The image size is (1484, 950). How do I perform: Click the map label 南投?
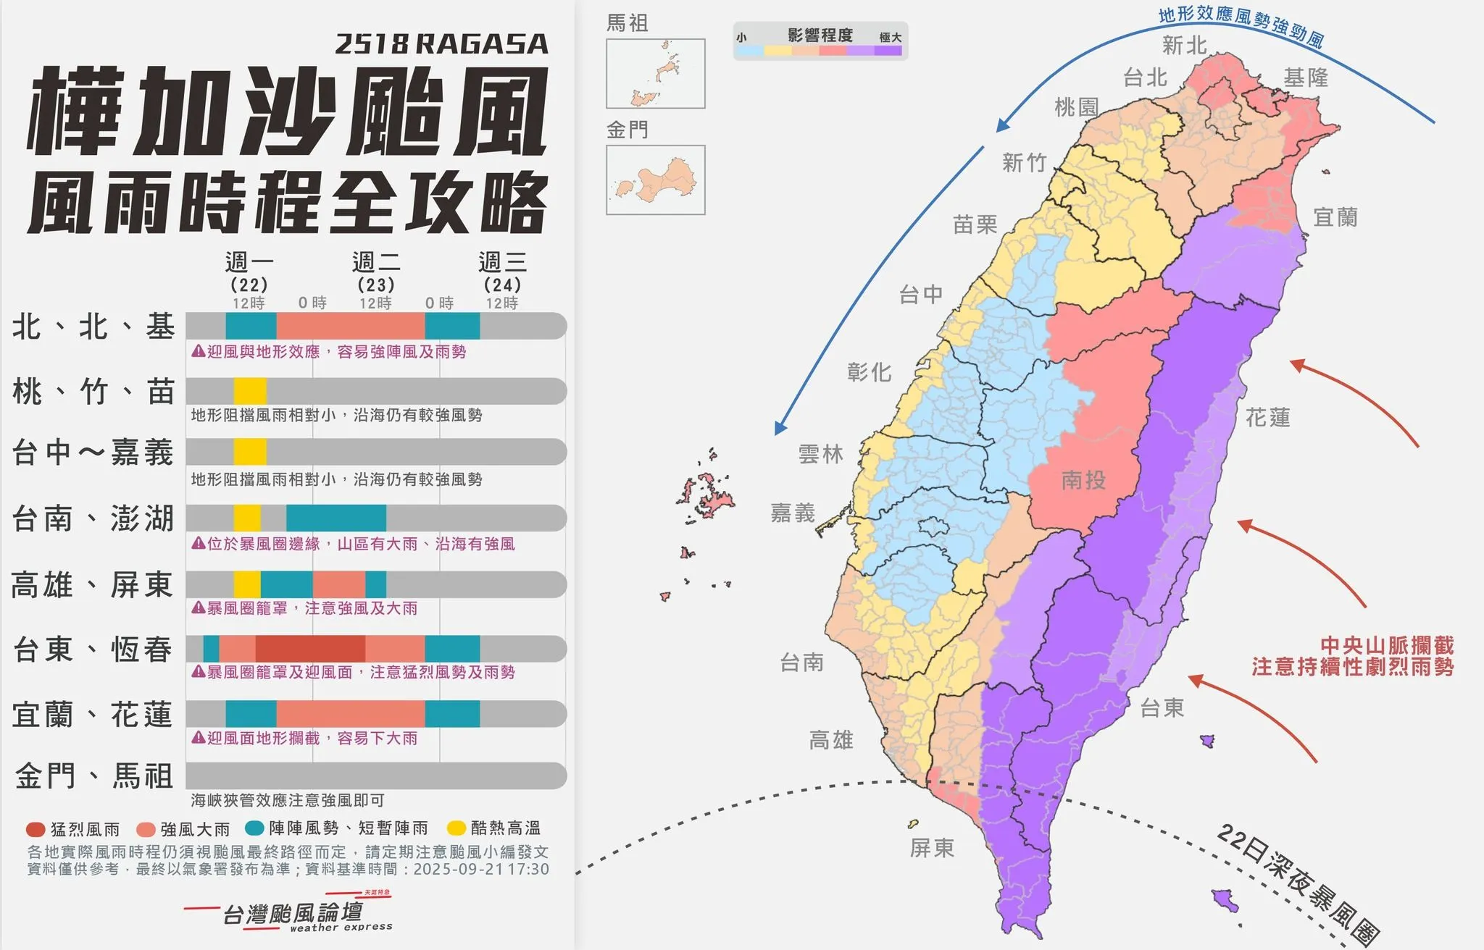pyautogui.click(x=1083, y=480)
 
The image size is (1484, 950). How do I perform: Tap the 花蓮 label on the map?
pyautogui.click(x=1267, y=418)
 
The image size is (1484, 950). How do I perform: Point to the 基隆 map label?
pyautogui.click(x=1306, y=78)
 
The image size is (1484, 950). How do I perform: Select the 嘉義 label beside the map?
pyautogui.click(x=792, y=513)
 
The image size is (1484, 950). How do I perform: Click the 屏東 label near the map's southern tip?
pyautogui.click(x=932, y=848)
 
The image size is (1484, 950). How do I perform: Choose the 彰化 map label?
pyautogui.click(x=869, y=372)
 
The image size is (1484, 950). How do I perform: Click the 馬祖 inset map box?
pyautogui.click(x=655, y=73)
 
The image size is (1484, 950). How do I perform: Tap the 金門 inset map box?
pyautogui.click(x=655, y=180)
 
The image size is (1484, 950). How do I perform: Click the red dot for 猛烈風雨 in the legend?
pyautogui.click(x=36, y=829)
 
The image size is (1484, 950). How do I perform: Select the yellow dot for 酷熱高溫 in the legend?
pyautogui.click(x=457, y=828)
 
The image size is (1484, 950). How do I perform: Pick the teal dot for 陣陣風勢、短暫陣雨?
pyautogui.click(x=254, y=828)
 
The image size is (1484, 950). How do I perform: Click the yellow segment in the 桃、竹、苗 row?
pyautogui.click(x=249, y=391)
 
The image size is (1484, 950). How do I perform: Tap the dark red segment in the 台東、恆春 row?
pyautogui.click(x=310, y=649)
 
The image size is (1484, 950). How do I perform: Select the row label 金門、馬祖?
pyautogui.click(x=93, y=776)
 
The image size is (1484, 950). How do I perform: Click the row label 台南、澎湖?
pyautogui.click(x=93, y=518)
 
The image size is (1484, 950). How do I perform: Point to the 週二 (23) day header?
pyautogui.click(x=376, y=272)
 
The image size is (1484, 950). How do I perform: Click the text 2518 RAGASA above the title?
pyautogui.click(x=441, y=44)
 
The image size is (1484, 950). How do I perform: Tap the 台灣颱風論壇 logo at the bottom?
pyautogui.click(x=293, y=914)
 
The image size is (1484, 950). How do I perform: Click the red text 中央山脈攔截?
pyautogui.click(x=1387, y=645)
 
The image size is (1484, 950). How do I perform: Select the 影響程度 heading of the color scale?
pyautogui.click(x=820, y=35)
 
